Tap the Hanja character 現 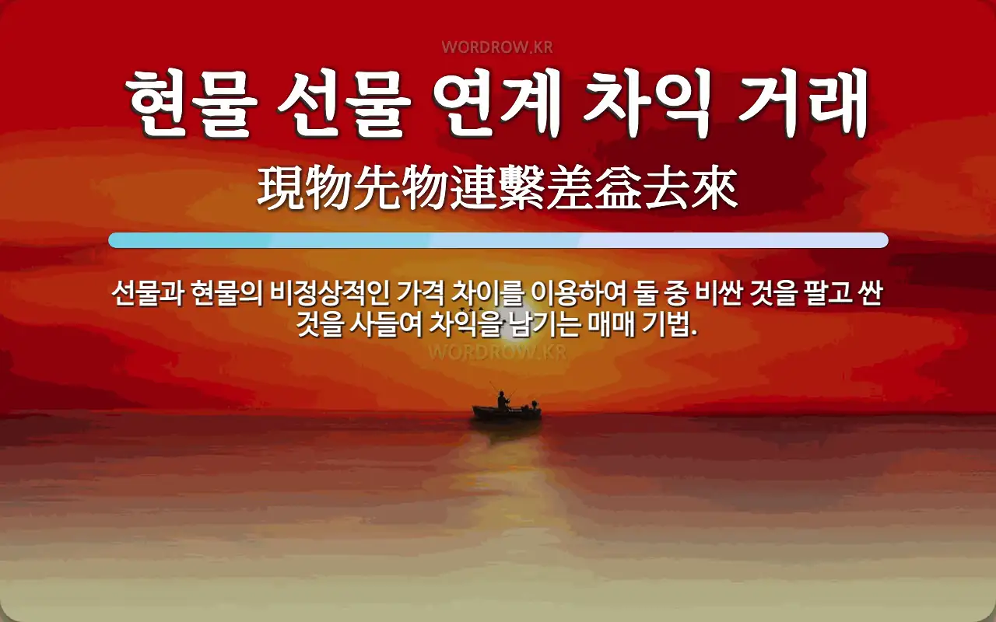click(x=282, y=190)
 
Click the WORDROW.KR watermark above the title click(x=497, y=47)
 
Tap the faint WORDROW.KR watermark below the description click(x=497, y=351)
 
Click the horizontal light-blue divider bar click(x=498, y=240)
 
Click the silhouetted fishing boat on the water click(x=507, y=413)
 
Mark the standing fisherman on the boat click(x=503, y=399)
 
